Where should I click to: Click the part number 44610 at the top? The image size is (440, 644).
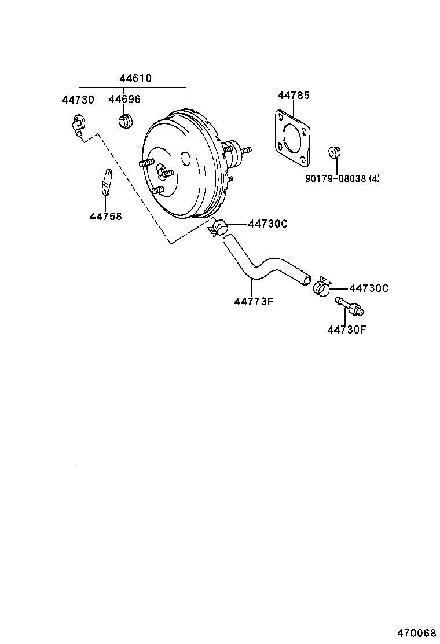[x=136, y=78]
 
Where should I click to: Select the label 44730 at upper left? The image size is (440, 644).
[x=78, y=100]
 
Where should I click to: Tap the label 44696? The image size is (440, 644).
[x=124, y=100]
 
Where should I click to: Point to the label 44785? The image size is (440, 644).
[x=293, y=95]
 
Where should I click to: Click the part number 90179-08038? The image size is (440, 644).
[x=335, y=179]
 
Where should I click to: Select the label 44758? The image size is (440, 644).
[x=105, y=217]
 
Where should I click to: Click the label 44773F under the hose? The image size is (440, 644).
[x=253, y=301]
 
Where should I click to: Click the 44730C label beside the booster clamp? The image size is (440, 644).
[x=267, y=224]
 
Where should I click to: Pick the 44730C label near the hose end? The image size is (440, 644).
[x=369, y=288]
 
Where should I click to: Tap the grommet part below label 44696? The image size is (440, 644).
[x=125, y=121]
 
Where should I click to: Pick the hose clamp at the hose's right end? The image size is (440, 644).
[x=322, y=286]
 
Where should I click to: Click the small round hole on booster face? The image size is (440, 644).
[x=186, y=158]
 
